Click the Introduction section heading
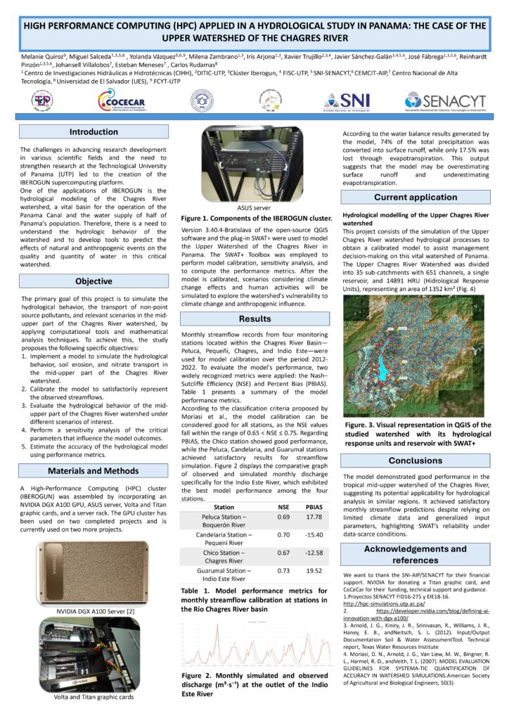[x=94, y=132]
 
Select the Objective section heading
[x=94, y=281]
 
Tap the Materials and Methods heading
[x=94, y=470]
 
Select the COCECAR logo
[x=123, y=103]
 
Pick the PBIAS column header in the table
[x=314, y=506]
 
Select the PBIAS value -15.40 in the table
[x=314, y=535]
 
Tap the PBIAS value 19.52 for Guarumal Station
[x=314, y=571]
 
